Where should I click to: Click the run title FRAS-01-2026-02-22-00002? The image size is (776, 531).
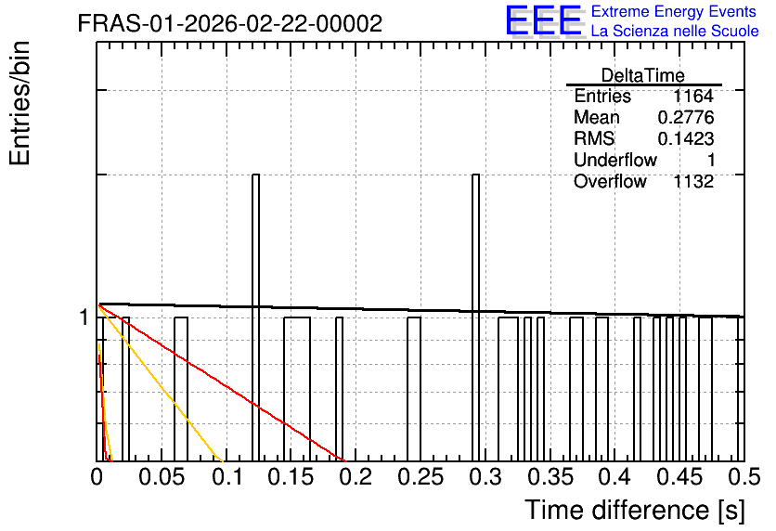(x=230, y=23)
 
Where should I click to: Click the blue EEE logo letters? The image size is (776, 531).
(x=544, y=20)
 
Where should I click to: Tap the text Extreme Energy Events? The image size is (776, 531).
(x=674, y=11)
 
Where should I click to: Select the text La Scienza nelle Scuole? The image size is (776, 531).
(x=675, y=31)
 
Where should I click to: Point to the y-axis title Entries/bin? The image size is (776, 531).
(x=20, y=103)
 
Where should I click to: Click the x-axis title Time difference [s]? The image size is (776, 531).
(x=635, y=510)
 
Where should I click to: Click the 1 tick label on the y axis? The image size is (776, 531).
(x=84, y=317)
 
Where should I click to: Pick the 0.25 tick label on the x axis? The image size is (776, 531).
(x=420, y=477)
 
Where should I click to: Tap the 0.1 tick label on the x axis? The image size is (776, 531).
(x=227, y=477)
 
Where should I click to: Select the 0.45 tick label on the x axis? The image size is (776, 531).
(x=679, y=477)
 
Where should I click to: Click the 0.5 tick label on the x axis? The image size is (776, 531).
(x=744, y=477)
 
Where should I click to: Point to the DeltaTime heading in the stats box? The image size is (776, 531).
(x=643, y=75)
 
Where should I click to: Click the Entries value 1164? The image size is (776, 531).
(x=693, y=96)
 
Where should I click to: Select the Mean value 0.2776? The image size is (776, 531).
(x=686, y=117)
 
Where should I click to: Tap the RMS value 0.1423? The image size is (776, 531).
(x=686, y=138)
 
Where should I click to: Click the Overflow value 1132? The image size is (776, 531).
(x=693, y=182)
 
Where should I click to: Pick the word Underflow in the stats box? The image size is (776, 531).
(x=615, y=160)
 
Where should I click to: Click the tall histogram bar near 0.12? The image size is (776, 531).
(x=255, y=317)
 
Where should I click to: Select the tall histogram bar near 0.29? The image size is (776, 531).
(x=475, y=317)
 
